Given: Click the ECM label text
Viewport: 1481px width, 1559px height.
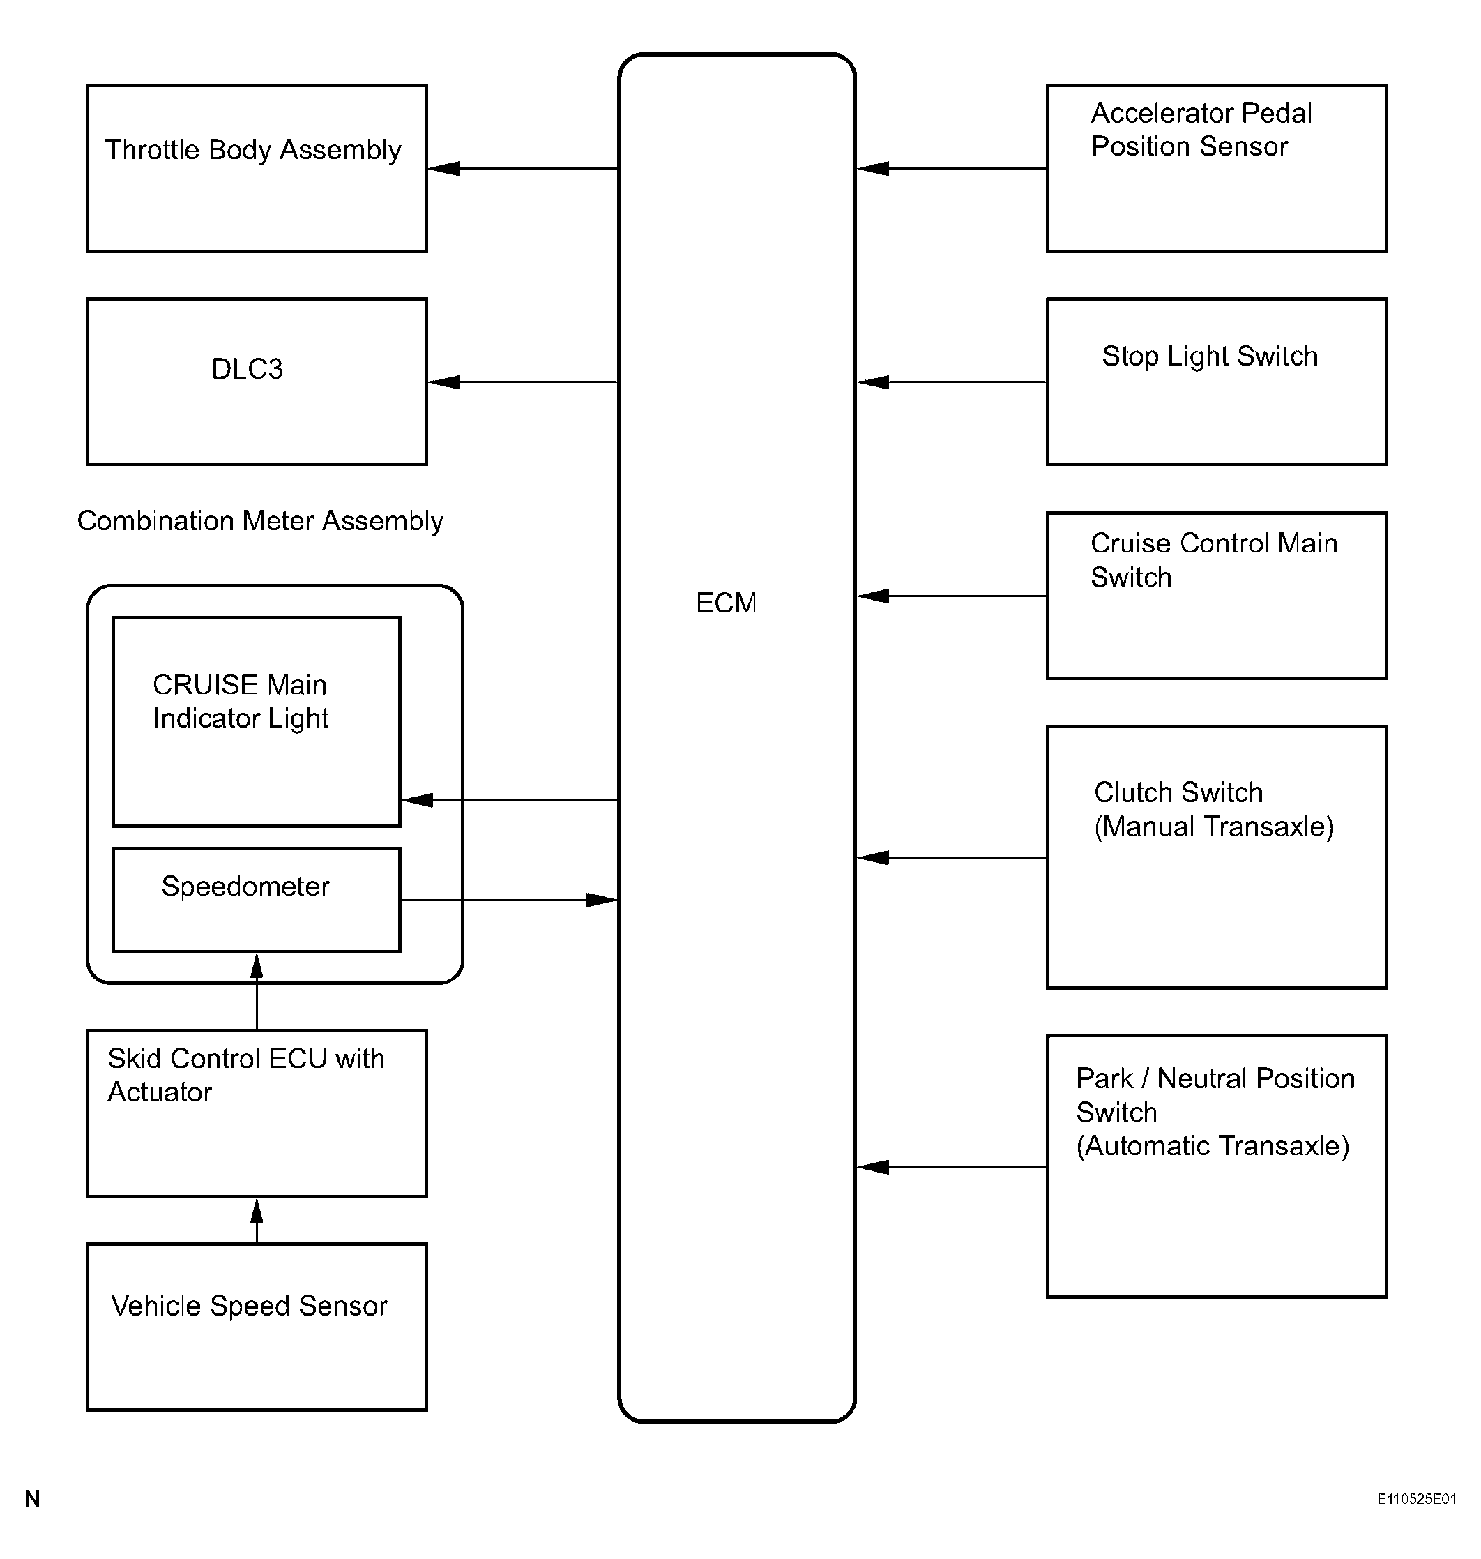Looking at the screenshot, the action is [x=725, y=603].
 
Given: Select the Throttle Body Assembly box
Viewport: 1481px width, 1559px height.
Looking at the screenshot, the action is [x=257, y=168].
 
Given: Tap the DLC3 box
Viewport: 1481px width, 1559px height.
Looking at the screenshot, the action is [x=257, y=382].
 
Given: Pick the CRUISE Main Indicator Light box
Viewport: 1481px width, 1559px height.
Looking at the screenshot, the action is [x=257, y=722].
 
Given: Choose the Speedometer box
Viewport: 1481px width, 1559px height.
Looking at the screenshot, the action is [x=257, y=900].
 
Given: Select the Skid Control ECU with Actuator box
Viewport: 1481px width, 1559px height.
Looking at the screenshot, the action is [x=257, y=1113].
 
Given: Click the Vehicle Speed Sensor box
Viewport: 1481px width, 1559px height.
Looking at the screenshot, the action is [x=257, y=1327].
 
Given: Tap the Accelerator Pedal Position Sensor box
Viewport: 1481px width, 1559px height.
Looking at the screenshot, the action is [x=1217, y=168].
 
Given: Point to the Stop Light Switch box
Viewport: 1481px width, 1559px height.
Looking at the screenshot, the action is [x=1217, y=382].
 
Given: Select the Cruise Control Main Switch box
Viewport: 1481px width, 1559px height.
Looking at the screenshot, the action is [x=1217, y=596].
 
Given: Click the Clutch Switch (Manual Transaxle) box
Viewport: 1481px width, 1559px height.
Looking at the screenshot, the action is [x=1217, y=857].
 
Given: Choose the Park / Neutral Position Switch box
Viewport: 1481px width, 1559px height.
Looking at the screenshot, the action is [x=1217, y=1166].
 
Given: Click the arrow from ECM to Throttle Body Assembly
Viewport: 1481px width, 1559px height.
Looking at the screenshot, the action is [x=523, y=168].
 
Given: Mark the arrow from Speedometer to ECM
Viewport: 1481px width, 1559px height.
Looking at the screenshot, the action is [x=509, y=900].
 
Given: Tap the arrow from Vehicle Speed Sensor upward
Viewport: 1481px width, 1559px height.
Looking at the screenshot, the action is [x=257, y=1221].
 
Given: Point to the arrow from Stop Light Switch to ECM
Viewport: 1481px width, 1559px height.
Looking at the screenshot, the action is [x=951, y=382].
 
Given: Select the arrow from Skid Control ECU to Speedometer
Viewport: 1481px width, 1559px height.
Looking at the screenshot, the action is [x=257, y=991].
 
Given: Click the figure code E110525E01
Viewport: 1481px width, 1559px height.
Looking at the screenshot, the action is [x=1416, y=1499].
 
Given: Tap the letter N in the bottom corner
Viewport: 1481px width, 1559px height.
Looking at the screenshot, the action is [x=32, y=1498].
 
